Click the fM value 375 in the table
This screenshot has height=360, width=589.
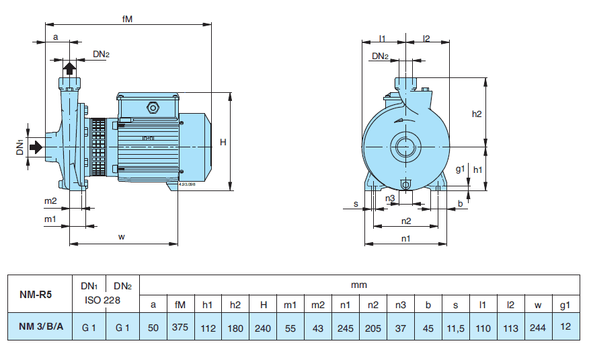coord(180,327)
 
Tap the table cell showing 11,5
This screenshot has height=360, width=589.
coord(455,327)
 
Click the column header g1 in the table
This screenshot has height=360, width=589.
coord(565,305)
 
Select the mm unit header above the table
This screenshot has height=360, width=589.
coord(359,285)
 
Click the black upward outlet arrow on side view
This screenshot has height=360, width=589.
coord(69,69)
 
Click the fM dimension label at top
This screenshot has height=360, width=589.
coord(127,20)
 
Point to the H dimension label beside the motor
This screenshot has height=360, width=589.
coord(223,142)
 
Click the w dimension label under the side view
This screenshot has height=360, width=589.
coord(122,236)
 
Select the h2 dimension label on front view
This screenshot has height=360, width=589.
coord(477,114)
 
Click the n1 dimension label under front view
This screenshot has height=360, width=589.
coord(405,238)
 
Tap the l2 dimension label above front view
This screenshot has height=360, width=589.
coord(426,38)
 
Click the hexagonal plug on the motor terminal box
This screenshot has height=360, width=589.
coord(153,106)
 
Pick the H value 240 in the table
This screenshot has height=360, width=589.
coord(264,327)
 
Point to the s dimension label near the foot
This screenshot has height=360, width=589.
coord(355,203)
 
